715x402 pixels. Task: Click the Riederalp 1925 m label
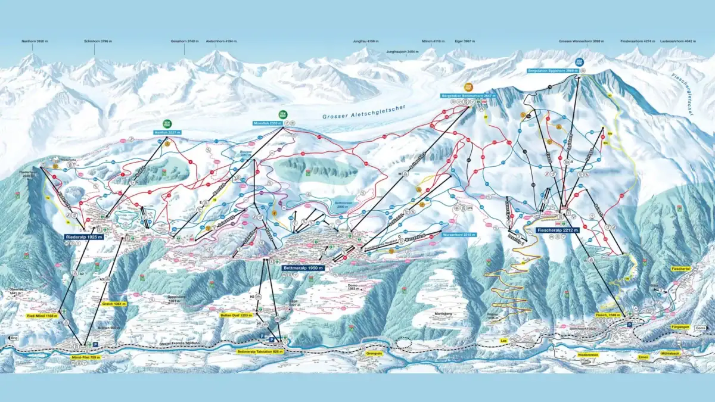80,236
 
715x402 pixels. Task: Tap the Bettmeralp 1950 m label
304,269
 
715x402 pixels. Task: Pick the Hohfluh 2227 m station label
167,132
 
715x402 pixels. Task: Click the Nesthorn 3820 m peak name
33,41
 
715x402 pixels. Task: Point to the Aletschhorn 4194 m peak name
221,41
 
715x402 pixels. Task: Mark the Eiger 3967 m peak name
466,41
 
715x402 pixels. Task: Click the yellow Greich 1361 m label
115,304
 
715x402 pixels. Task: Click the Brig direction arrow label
10,338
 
